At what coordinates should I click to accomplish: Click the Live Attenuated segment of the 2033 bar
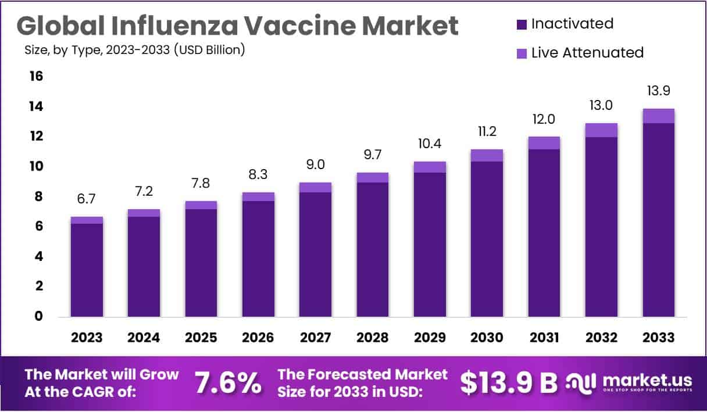658,116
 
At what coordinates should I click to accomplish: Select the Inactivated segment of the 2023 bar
87,270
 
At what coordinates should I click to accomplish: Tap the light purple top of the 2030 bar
487,155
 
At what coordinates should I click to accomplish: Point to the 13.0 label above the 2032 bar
601,106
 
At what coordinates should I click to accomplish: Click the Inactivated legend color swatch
522,24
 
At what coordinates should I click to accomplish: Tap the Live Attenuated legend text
587,53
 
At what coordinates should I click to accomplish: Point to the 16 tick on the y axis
35,76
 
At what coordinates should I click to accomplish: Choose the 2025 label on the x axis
201,338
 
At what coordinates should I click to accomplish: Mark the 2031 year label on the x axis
544,338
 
